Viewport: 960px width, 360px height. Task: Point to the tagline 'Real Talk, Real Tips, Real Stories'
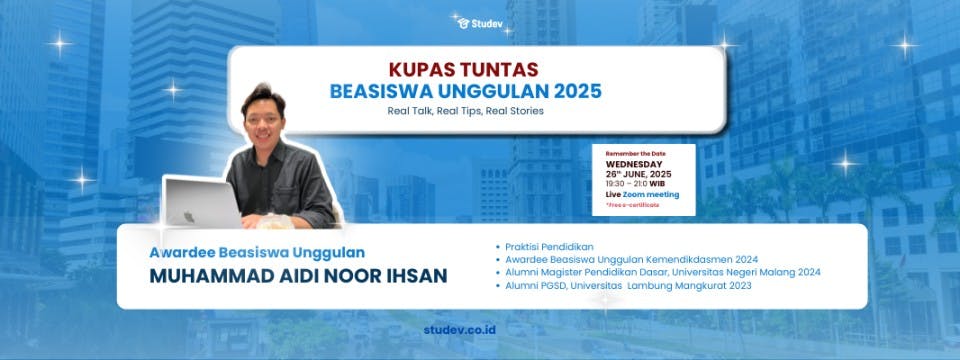pyautogui.click(x=466, y=110)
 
